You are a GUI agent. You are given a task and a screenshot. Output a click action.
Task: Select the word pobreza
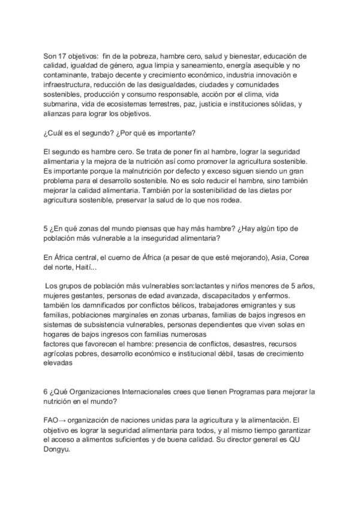[x=151, y=56]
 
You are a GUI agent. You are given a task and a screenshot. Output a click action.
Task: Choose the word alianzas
[x=59, y=114]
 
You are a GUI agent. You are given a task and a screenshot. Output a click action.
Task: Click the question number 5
[x=46, y=229]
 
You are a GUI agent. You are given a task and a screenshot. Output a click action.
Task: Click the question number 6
[x=46, y=391]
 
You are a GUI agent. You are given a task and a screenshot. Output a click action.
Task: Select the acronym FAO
[x=52, y=420]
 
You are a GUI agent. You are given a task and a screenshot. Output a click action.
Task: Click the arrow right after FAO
[x=64, y=420]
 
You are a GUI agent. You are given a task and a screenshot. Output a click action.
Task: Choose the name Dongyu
[x=57, y=449]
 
